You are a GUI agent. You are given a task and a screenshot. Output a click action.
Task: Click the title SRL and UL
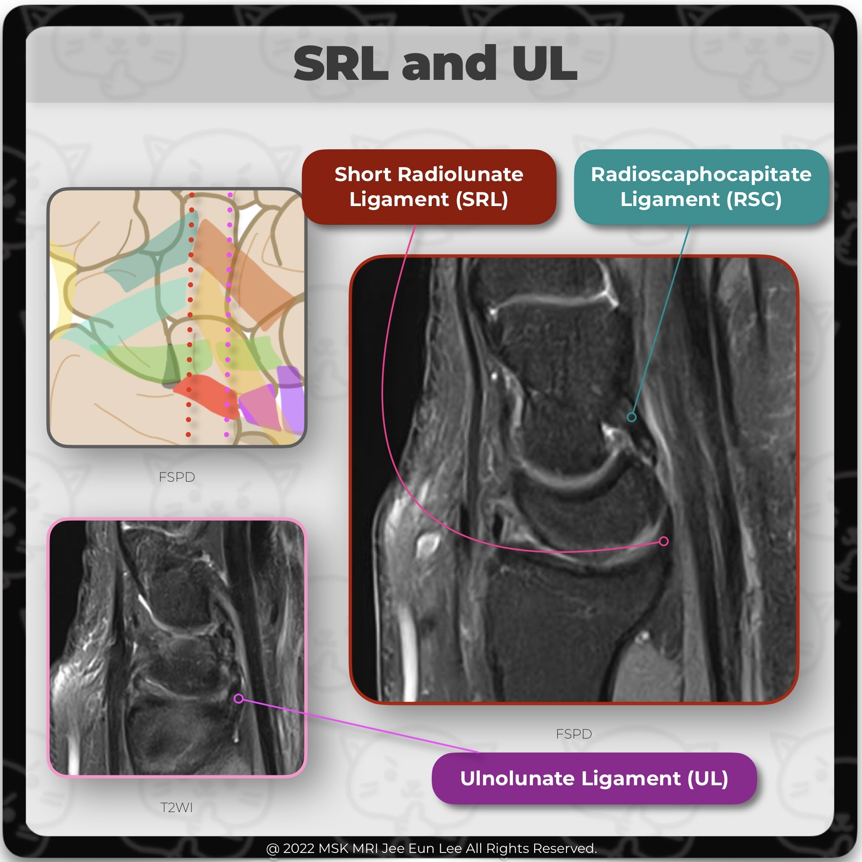click(x=435, y=64)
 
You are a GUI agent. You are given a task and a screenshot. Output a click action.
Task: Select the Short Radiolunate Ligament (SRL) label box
click(x=429, y=187)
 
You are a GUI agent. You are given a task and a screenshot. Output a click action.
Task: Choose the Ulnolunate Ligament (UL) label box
click(x=594, y=778)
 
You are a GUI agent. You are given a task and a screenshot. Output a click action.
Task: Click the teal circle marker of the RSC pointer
click(x=631, y=417)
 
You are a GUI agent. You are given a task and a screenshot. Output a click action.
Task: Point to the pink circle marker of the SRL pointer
click(x=664, y=541)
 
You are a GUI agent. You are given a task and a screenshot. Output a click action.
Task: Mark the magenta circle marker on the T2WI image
click(x=239, y=699)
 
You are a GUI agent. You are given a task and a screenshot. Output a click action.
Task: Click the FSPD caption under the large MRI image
click(x=574, y=734)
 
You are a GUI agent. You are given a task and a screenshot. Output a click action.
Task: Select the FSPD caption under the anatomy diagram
click(x=177, y=477)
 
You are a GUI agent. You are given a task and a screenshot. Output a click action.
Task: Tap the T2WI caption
click(x=177, y=808)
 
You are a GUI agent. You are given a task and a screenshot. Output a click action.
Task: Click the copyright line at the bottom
click(x=431, y=848)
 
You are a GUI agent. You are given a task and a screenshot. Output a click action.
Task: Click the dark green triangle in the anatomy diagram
click(x=171, y=365)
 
